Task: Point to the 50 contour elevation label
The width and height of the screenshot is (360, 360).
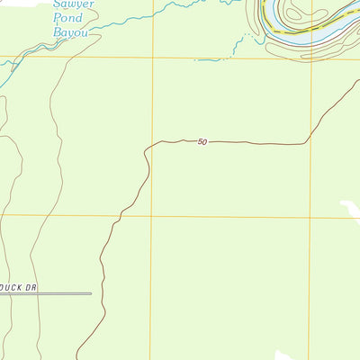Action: (202, 141)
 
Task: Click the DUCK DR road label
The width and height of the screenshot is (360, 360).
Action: (16, 287)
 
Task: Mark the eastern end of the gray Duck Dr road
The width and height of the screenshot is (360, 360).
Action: (91, 293)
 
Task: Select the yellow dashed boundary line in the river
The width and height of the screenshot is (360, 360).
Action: (297, 31)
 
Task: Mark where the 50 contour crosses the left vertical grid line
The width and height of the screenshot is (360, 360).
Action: (151, 144)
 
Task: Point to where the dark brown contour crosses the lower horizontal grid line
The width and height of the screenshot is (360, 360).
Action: (117, 216)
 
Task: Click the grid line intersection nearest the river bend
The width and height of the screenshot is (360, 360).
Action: (310, 58)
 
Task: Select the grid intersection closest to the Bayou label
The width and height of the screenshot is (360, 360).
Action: (151, 58)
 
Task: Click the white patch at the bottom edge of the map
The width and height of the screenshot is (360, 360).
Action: (286, 355)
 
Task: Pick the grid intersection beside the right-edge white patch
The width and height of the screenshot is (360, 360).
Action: (310, 216)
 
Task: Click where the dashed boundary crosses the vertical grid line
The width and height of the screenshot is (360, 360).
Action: (310, 30)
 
